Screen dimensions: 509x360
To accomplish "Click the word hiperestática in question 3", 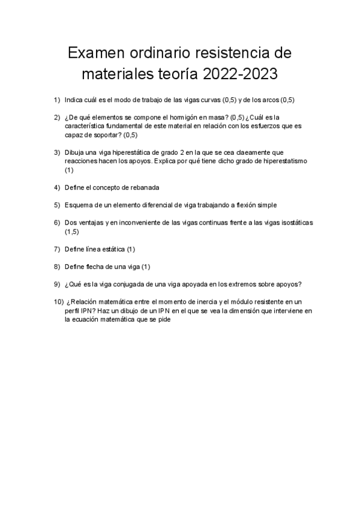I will [x=132, y=152].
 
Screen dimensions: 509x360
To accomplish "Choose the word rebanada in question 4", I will [x=142, y=188].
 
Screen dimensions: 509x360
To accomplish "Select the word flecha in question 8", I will [x=96, y=267].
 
